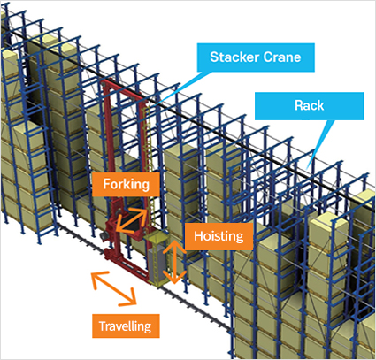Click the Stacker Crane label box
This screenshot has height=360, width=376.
pos(256,57)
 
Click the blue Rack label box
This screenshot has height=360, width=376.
pos(310,106)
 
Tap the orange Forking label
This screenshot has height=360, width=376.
pos(126,185)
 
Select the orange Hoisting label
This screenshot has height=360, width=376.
pos(219,236)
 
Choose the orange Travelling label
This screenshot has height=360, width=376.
pos(126,326)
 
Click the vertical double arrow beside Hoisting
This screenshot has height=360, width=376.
pos(174,262)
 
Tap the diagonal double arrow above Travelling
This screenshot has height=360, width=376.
pos(114,288)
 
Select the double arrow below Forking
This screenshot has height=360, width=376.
pos(131,220)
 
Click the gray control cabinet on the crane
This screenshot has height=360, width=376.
pos(157,264)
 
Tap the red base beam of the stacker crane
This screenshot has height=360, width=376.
pos(127,264)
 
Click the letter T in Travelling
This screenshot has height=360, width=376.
pos(102,326)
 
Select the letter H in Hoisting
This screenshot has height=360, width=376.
pos(198,236)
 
